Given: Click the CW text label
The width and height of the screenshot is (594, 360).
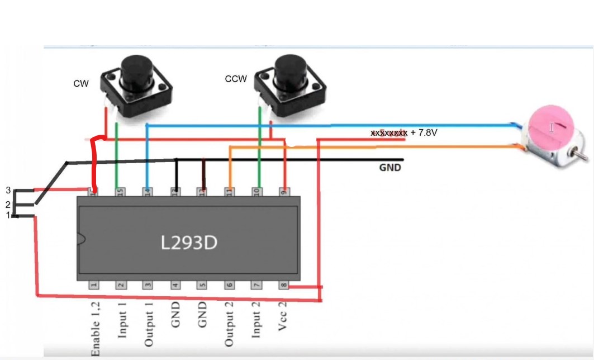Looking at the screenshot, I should [x=81, y=84].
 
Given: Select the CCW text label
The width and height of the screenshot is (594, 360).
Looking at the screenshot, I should [x=236, y=79].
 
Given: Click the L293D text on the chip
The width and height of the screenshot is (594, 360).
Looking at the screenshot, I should [x=188, y=243].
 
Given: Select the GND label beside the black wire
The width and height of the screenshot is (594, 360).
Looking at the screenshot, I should [x=390, y=167].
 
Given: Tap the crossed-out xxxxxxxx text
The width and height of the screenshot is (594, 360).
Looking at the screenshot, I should [x=389, y=133].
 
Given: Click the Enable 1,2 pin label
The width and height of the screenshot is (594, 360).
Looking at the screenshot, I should [x=95, y=329].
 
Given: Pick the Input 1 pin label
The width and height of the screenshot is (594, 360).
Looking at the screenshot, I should [x=121, y=321].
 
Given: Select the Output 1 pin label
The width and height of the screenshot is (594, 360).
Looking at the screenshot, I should [x=149, y=324].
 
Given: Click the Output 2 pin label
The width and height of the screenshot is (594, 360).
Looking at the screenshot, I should [x=229, y=324].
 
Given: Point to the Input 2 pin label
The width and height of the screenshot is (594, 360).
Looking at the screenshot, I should [x=256, y=321].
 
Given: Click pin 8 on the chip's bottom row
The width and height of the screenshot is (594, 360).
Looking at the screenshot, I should [x=284, y=286].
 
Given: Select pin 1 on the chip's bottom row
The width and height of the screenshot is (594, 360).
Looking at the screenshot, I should [x=94, y=285].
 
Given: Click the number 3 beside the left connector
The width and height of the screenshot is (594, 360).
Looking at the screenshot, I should [x=8, y=191].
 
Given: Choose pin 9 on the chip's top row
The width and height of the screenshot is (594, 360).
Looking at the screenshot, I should [x=284, y=191].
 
